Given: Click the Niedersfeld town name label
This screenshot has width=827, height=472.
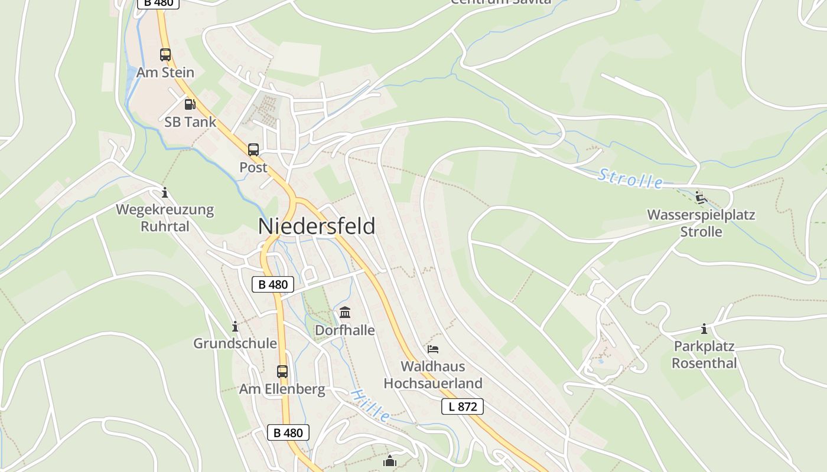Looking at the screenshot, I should (x=317, y=226).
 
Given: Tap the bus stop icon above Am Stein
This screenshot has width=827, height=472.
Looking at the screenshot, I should (x=165, y=55).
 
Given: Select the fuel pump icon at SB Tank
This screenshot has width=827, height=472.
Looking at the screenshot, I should (x=190, y=104).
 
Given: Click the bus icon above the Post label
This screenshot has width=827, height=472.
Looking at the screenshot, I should (x=253, y=149).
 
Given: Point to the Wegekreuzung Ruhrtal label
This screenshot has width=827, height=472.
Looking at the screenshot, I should (x=165, y=218).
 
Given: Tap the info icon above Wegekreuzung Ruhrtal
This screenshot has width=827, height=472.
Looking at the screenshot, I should (x=165, y=192).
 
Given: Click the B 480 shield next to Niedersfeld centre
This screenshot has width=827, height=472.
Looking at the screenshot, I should (x=273, y=284).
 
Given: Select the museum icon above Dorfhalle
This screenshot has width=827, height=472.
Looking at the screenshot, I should (x=345, y=312).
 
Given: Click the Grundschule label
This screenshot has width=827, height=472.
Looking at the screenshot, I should (x=235, y=343).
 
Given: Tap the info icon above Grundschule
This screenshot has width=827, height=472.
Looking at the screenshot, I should (x=235, y=326).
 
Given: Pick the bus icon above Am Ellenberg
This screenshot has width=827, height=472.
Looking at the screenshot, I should (x=282, y=372).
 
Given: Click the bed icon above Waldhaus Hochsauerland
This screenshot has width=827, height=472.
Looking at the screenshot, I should (x=433, y=349).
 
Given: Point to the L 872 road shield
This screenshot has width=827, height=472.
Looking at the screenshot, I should (x=463, y=406).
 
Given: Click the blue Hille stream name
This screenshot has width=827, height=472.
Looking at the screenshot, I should (x=370, y=405).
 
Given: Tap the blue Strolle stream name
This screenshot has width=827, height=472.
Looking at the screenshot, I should (x=630, y=178).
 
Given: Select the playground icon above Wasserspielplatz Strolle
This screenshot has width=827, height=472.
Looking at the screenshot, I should (x=701, y=197).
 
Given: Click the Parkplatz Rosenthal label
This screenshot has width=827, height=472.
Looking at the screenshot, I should (x=705, y=355).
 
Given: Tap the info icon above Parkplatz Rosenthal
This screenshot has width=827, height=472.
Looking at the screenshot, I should (x=704, y=329).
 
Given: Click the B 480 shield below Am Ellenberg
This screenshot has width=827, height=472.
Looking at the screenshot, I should (x=288, y=432).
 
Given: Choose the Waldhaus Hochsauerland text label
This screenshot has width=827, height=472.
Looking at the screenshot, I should (x=433, y=375).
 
